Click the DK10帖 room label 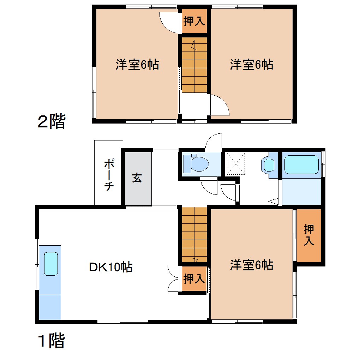[x=110, y=267]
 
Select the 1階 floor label [x=52, y=341]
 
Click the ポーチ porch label [x=109, y=175]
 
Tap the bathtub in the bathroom [x=301, y=165]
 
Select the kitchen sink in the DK [x=51, y=264]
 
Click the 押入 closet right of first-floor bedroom [x=309, y=235]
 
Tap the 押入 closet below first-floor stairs [x=194, y=279]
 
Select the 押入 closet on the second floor [x=194, y=21]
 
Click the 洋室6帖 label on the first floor [x=252, y=265]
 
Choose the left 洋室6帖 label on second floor [x=137, y=65]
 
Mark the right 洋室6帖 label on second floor [x=252, y=65]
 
